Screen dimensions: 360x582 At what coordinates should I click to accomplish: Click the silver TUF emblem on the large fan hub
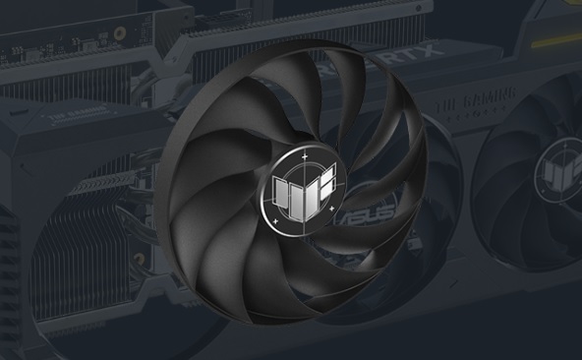(x=304, y=187)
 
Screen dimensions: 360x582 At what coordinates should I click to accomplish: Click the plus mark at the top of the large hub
(x=305, y=155)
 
